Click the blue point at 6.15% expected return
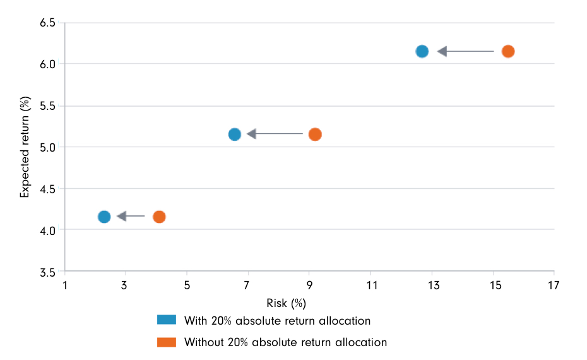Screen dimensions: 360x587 (422, 51)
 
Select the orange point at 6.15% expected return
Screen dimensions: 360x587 (508, 51)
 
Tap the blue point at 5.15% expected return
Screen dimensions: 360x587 (235, 134)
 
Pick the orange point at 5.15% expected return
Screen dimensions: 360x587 (315, 134)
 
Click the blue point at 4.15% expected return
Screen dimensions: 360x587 (104, 217)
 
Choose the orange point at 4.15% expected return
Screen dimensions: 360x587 (159, 217)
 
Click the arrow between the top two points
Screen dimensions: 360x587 (465, 51)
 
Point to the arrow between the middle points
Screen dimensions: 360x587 (275, 134)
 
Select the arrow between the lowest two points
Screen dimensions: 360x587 (131, 217)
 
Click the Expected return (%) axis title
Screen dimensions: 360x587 (25, 147)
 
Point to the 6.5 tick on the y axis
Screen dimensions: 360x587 (48, 23)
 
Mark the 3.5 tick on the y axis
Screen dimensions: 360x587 (48, 272)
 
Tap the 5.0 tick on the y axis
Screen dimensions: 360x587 (48, 147)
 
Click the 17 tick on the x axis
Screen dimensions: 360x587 (554, 285)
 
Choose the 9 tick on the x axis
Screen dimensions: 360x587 (309, 285)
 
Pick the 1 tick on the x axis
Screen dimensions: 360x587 (65, 285)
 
